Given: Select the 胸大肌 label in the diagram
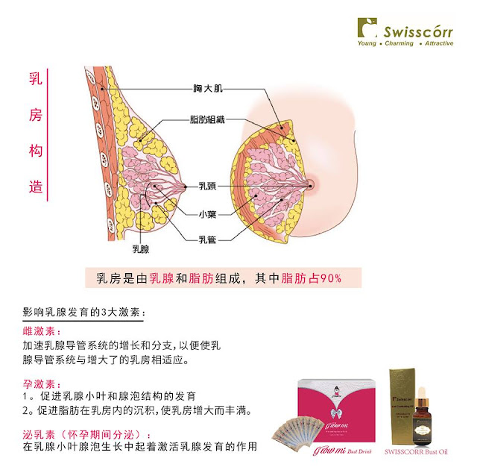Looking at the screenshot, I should [207, 88].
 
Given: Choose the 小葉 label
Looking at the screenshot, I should [207, 213].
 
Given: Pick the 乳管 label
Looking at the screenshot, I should [207, 239].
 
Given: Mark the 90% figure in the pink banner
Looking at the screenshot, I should [330, 278].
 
